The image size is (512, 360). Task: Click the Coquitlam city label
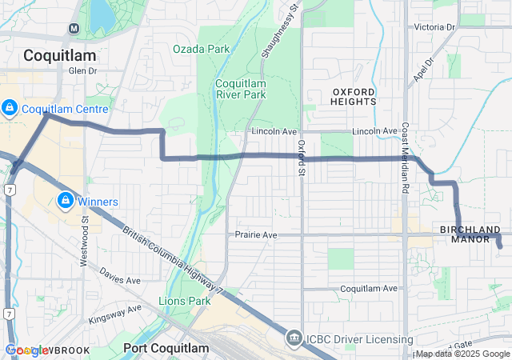(x=59, y=55)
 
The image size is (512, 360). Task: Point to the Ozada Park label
(x=201, y=49)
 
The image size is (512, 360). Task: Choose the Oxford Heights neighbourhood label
(x=353, y=97)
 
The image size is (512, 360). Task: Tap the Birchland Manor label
(x=470, y=234)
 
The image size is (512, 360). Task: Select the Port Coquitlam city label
(x=166, y=348)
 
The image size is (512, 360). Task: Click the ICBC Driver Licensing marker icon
(x=294, y=340)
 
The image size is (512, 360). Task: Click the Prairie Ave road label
(x=256, y=235)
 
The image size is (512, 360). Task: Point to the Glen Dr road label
(x=82, y=70)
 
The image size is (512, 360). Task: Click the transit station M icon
(x=74, y=28)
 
